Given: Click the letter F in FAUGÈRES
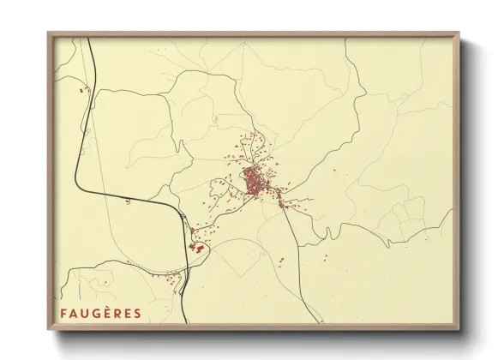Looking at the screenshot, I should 63,313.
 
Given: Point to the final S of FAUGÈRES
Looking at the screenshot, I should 137,313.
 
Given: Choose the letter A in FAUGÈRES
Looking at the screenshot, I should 74,313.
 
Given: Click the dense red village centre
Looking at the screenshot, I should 255,182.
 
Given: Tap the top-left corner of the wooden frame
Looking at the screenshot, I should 48,33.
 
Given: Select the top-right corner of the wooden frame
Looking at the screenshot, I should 459,33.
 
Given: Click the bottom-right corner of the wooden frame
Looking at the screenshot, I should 459,330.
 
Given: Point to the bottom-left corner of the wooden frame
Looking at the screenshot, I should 48,330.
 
